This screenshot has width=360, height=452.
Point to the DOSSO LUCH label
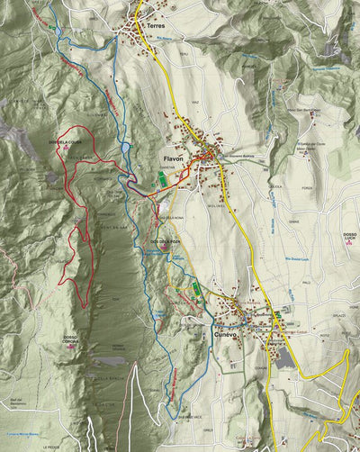click(x=349, y=237)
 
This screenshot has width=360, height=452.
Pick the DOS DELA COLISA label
click(x=65, y=142)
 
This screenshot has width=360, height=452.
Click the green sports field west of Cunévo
click(x=196, y=288)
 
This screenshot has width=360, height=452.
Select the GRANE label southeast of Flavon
click(x=293, y=220)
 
